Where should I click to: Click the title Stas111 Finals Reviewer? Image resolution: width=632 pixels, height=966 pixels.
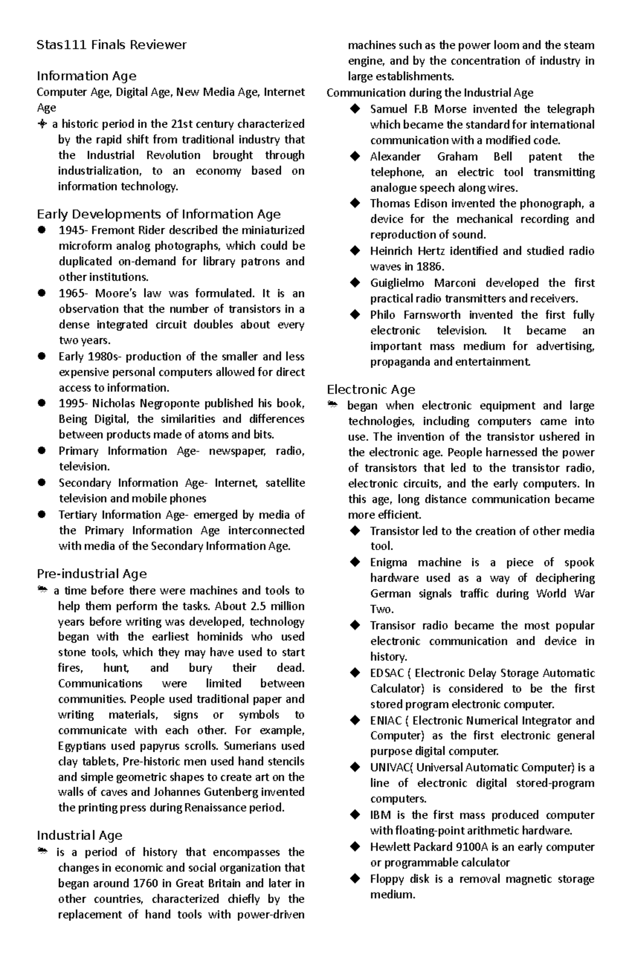click(111, 45)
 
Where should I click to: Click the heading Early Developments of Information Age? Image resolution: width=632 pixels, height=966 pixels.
click(159, 214)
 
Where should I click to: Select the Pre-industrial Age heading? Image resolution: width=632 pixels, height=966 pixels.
click(92, 574)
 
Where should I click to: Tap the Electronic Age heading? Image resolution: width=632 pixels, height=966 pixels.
click(371, 390)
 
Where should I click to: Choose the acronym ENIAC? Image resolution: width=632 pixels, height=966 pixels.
click(386, 720)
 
